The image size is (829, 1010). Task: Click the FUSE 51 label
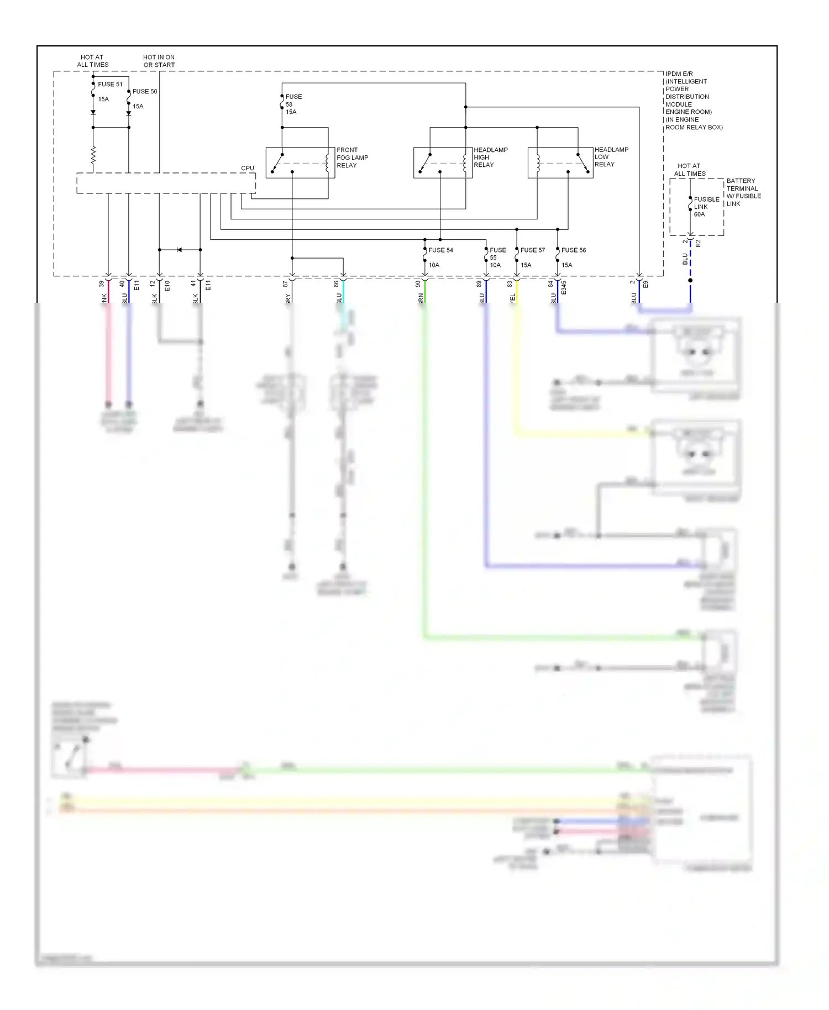110,85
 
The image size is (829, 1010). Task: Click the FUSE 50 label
145,92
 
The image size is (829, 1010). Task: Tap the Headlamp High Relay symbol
443,163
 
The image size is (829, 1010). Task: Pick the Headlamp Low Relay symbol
560,163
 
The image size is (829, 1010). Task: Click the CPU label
248,169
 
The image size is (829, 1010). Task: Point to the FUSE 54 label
440,250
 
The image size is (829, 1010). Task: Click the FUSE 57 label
532,250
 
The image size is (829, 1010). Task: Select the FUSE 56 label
574,250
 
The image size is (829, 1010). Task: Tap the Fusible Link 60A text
706,207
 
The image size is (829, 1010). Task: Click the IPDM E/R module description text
693,101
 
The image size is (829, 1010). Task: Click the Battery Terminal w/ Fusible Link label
743,192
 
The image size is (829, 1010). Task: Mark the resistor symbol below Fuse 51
93,155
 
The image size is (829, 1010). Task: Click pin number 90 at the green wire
418,284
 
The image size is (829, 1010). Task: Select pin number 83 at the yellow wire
510,284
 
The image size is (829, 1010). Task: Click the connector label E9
646,285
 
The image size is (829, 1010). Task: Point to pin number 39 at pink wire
101,284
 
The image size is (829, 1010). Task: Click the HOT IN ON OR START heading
159,61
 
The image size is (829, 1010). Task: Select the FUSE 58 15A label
293,104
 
